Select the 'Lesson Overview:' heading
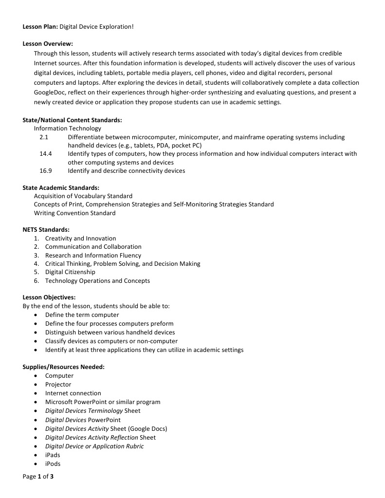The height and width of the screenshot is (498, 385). tap(48, 44)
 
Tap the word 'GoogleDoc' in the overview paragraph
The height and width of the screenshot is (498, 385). tap(49, 92)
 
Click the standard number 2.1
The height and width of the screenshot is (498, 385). tap(44, 137)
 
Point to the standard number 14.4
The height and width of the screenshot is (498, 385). tap(46, 154)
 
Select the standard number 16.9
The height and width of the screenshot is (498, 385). tap(46, 170)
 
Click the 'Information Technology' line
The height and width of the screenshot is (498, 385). tap(67, 129)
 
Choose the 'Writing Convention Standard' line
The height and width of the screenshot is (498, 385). tap(74, 213)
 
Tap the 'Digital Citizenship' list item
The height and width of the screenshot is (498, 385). tap(70, 272)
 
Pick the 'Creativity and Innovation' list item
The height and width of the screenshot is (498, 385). tap(80, 239)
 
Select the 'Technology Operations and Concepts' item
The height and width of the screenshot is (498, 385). tap(97, 281)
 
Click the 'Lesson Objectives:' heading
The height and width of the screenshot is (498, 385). tap(49, 297)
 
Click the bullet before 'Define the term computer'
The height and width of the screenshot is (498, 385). tap(37, 315)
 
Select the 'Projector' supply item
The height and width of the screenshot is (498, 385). tap(58, 385)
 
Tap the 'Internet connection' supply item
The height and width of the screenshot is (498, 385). tap(73, 393)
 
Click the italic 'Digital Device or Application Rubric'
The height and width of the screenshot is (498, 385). tap(94, 446)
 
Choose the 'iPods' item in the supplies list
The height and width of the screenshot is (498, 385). tap(53, 464)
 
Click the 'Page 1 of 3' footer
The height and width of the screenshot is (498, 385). tap(38, 477)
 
